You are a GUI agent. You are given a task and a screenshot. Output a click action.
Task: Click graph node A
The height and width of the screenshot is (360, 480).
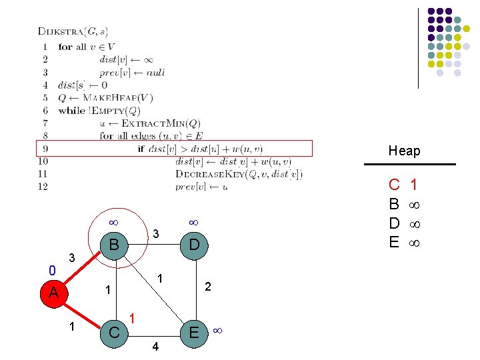pos(54,292)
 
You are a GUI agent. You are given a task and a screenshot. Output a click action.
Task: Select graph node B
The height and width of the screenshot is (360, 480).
pos(115,245)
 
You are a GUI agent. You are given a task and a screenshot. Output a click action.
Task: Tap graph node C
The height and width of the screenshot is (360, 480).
pos(115,331)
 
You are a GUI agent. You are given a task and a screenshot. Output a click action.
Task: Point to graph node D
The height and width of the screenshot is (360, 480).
pos(193,245)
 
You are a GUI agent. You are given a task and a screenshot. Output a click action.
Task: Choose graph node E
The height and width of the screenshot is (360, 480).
pos(193,331)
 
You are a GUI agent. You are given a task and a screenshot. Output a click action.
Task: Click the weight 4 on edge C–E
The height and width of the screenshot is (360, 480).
pos(155,347)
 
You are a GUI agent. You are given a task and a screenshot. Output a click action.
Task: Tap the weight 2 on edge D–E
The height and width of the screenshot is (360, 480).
pos(208,287)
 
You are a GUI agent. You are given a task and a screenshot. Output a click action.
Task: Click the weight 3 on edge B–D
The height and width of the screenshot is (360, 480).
pos(155,234)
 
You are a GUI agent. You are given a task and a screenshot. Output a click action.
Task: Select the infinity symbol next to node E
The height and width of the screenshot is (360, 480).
pos(218,330)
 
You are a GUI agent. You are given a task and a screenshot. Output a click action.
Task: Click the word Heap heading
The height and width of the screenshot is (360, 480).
pos(405,151)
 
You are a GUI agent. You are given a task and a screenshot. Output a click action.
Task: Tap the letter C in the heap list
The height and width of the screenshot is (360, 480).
pos(395,184)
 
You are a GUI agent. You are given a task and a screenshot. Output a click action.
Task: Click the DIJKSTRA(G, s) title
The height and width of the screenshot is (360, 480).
pos(73,31)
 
